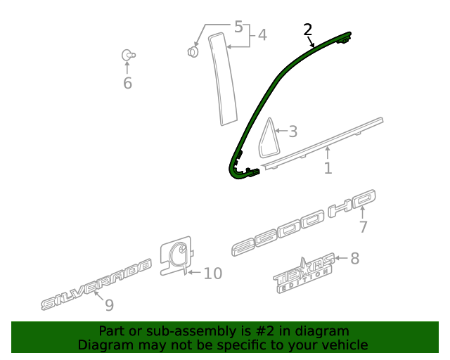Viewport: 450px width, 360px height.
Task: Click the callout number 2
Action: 307,30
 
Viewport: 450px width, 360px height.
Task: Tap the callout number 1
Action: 328,168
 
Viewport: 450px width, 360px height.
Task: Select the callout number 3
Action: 292,131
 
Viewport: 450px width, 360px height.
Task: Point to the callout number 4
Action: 262,34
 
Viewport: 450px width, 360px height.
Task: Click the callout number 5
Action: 238,27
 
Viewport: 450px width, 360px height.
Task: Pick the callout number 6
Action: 127,83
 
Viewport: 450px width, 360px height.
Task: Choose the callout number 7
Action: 363,226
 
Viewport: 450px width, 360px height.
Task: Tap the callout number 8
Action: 354,259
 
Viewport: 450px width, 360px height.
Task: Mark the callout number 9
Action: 109,305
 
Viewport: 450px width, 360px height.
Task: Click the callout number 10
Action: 212,273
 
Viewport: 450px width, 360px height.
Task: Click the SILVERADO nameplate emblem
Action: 96,283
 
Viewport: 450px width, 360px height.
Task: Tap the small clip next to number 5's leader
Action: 192,51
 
